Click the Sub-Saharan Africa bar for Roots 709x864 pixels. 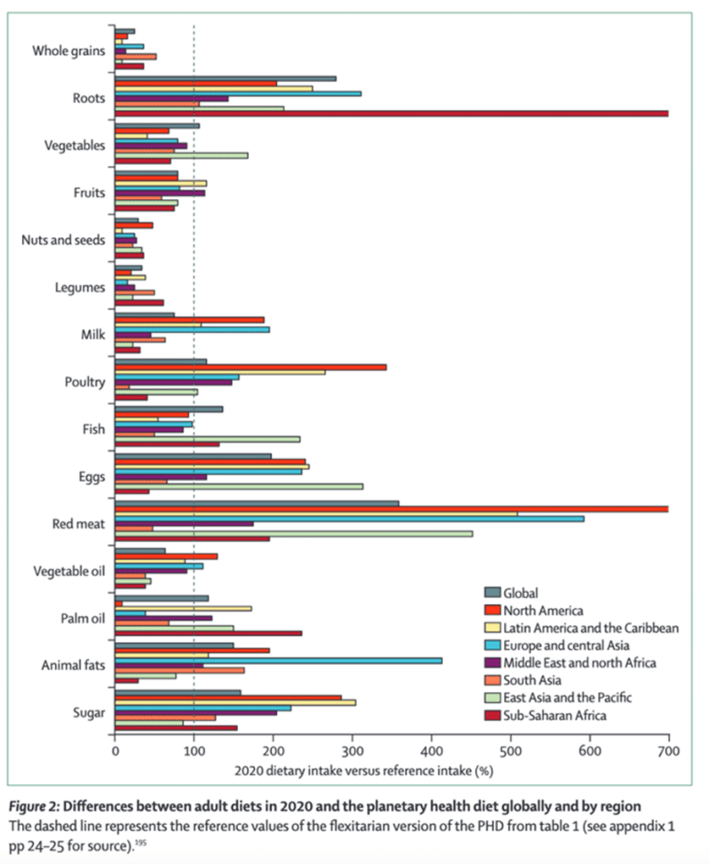tap(388, 113)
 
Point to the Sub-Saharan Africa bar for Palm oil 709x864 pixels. tap(208, 633)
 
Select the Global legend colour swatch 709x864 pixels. tap(492, 592)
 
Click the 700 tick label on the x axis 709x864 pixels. tap(668, 748)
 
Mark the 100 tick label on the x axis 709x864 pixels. tap(194, 748)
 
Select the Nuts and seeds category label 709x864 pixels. tap(63, 240)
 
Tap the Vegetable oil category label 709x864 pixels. tap(69, 571)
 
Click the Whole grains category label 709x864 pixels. tap(69, 51)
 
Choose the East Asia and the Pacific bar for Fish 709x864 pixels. tap(207, 439)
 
